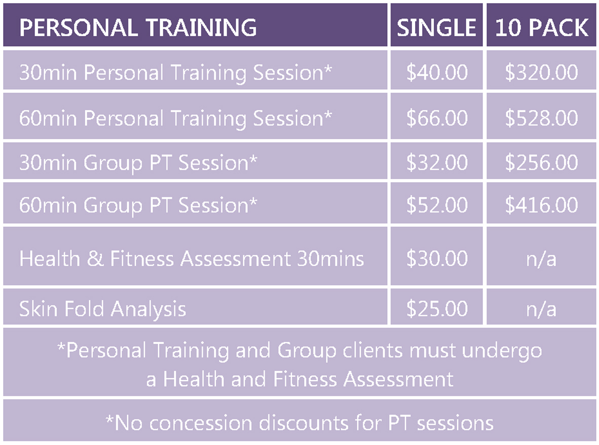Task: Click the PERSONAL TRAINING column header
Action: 138,27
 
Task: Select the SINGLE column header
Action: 437,27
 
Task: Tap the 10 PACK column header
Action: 542,27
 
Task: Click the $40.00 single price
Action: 437,72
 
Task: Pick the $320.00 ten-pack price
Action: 541,72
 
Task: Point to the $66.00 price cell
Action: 437,118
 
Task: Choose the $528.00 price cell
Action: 541,118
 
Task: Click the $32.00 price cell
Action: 437,162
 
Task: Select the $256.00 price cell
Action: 541,162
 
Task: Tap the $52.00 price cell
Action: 437,205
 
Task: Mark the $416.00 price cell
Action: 541,205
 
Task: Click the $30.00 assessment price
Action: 437,258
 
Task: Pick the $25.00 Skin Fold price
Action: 437,308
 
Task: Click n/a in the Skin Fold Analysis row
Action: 541,309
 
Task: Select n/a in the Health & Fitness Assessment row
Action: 541,259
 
